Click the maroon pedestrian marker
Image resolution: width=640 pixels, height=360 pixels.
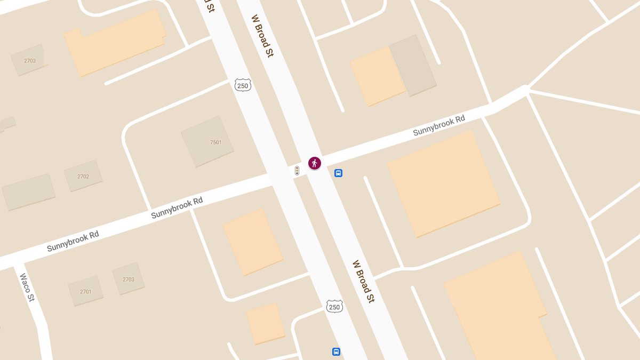[x=315, y=163]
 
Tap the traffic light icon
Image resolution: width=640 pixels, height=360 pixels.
[x=297, y=171]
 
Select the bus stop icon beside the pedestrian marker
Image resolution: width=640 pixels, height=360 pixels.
[x=338, y=173]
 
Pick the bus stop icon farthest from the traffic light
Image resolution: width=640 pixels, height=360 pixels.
[x=336, y=351]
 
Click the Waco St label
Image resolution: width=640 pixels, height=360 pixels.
[x=27, y=287]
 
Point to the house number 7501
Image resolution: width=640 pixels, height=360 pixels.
[x=216, y=142]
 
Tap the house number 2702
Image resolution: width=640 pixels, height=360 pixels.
[x=83, y=177]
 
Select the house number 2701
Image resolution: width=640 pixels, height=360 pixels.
[x=86, y=292]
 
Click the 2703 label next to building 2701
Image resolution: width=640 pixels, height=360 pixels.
[x=129, y=279]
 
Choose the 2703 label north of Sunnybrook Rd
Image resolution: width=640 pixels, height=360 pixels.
[x=30, y=61]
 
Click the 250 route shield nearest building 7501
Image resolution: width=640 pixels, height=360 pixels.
[x=243, y=85]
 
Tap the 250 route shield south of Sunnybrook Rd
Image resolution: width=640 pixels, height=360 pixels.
[x=334, y=307]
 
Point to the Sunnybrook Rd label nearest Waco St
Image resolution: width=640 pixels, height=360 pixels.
[x=73, y=241]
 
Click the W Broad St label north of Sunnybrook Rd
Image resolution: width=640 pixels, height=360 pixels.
[x=262, y=36]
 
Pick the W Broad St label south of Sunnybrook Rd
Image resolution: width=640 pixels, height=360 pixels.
[x=363, y=281]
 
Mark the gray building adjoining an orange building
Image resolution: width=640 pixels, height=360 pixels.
[x=413, y=65]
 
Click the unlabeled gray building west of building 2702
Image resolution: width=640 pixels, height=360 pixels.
[x=29, y=191]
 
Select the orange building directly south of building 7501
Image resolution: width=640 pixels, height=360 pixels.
[x=253, y=242]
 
